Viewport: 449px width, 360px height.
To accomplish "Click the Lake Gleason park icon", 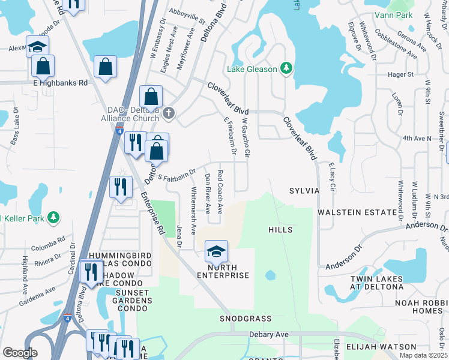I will (x=287, y=69).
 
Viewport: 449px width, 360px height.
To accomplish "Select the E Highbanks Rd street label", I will (x=60, y=83).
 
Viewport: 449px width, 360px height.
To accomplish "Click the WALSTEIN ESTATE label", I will (x=357, y=212).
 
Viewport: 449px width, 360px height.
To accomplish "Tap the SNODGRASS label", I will (x=246, y=319).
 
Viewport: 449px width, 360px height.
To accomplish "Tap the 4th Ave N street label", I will (x=417, y=138).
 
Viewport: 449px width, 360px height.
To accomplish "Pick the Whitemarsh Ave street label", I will (x=193, y=210).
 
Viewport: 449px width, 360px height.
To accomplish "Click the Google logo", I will (x=20, y=353).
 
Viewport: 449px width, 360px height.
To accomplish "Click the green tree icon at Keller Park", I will (x=53, y=217).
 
